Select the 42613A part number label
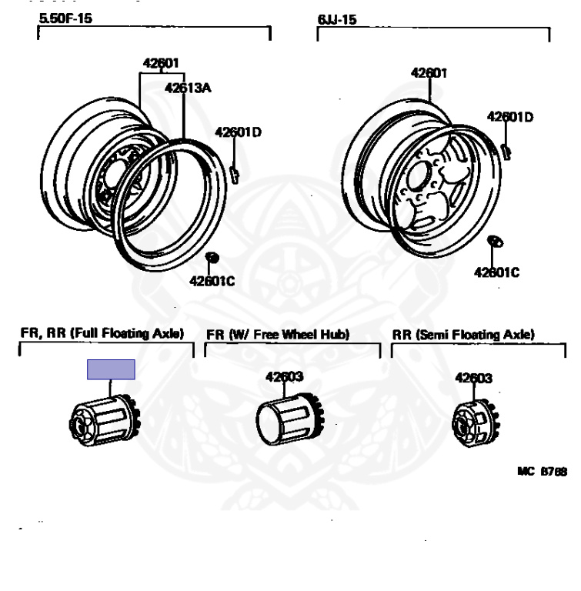187,88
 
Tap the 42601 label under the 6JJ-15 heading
429,73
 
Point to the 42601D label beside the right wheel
509,117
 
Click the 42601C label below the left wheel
212,281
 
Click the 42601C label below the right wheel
496,272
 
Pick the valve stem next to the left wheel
234,171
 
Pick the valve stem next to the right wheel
506,149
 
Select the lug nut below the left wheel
212,256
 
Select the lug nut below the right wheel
496,242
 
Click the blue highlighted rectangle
111,370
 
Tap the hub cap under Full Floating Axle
100,423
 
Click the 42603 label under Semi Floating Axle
473,378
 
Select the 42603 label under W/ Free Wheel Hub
285,377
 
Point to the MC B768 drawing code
542,472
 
